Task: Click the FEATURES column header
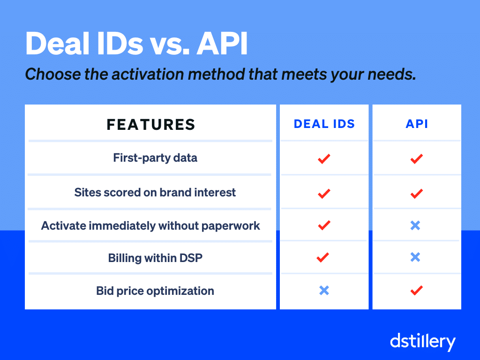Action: pyautogui.click(x=150, y=124)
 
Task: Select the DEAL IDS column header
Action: pyautogui.click(x=324, y=124)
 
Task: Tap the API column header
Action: pyautogui.click(x=417, y=124)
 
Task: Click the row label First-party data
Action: pyautogui.click(x=155, y=158)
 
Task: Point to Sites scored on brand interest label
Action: pyautogui.click(x=155, y=192)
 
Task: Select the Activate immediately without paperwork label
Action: pyautogui.click(x=150, y=225)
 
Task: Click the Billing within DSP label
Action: pyautogui.click(x=155, y=258)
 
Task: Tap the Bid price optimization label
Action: pyautogui.click(x=155, y=291)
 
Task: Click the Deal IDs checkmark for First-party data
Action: pyautogui.click(x=323, y=158)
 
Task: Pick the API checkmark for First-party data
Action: pyautogui.click(x=416, y=158)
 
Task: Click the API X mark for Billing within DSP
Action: pyautogui.click(x=415, y=257)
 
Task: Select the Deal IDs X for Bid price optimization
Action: pyautogui.click(x=324, y=291)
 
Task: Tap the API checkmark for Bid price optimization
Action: pyautogui.click(x=416, y=290)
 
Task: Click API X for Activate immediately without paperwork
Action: pyautogui.click(x=415, y=225)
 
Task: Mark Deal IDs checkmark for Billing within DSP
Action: pyautogui.click(x=322, y=257)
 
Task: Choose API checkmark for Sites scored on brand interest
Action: pyautogui.click(x=416, y=193)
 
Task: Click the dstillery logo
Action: pyautogui.click(x=422, y=341)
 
